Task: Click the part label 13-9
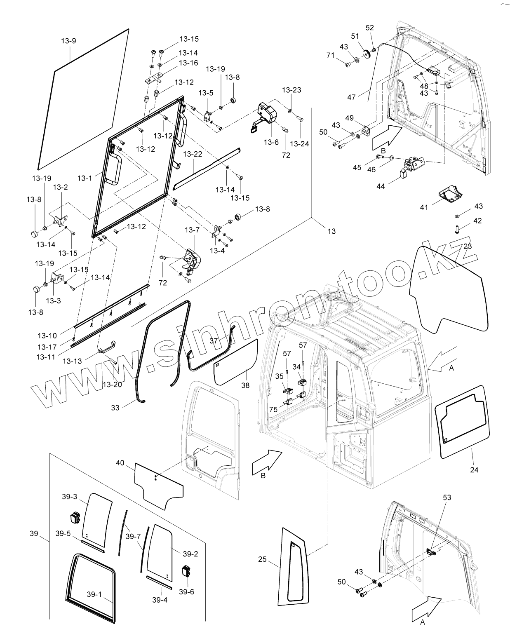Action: pyautogui.click(x=68, y=41)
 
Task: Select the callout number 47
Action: pyautogui.click(x=351, y=97)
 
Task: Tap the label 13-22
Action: pyautogui.click(x=193, y=154)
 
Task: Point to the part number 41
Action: pyautogui.click(x=424, y=207)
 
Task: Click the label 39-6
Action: pyautogui.click(x=186, y=592)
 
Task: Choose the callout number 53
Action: pyautogui.click(x=447, y=498)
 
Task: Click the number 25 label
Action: pyautogui.click(x=262, y=559)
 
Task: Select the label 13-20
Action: pyautogui.click(x=112, y=385)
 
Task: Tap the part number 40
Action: pyautogui.click(x=120, y=463)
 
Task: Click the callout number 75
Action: pyautogui.click(x=273, y=409)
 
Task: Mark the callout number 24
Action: pyautogui.click(x=474, y=469)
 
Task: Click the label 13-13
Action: pyautogui.click(x=72, y=361)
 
